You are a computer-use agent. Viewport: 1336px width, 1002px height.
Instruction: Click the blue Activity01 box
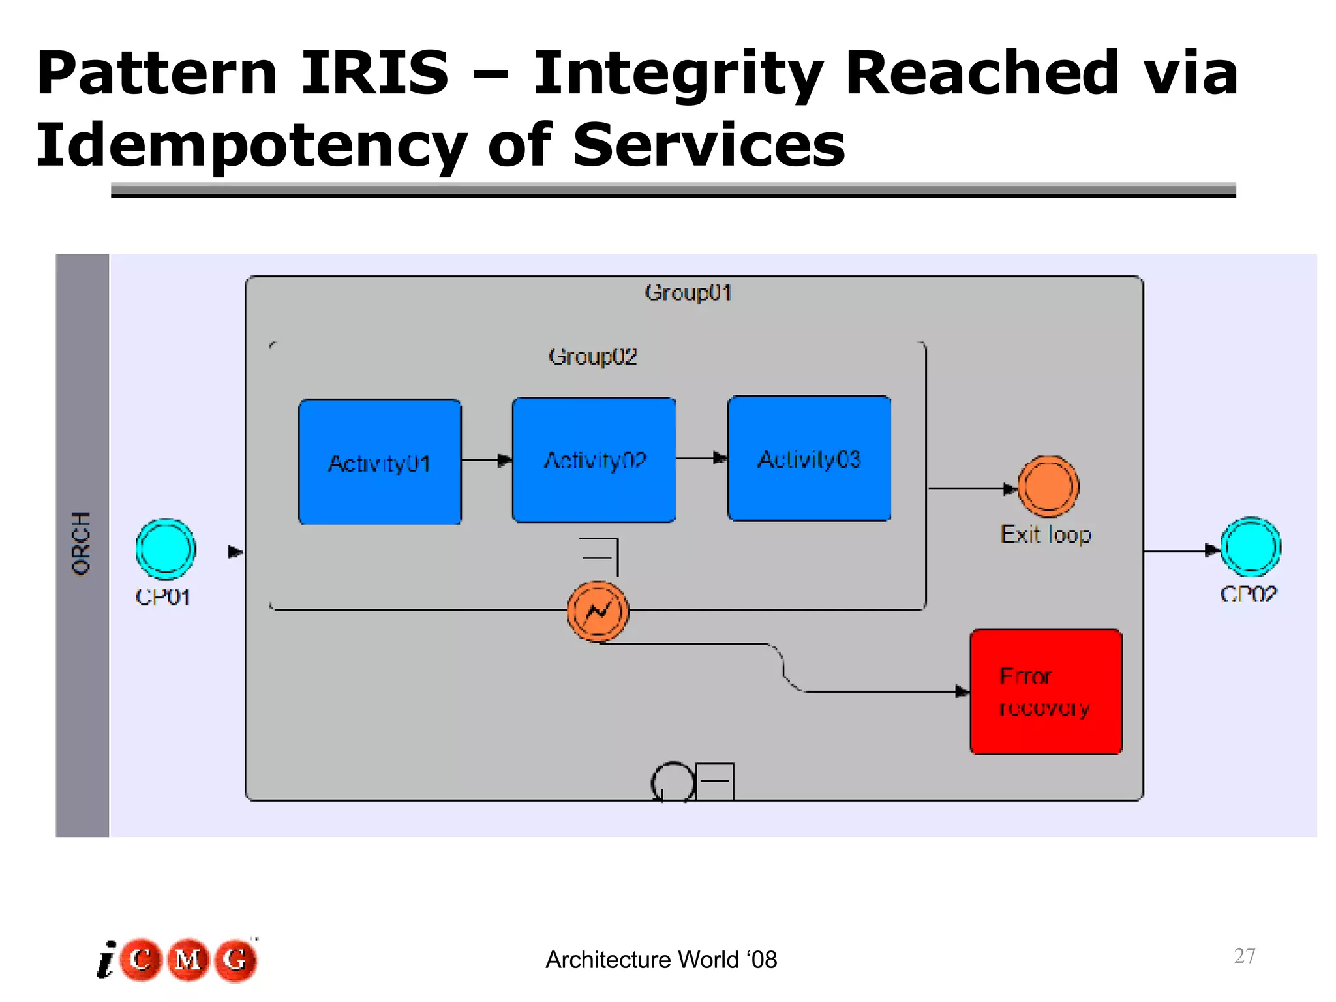point(380,462)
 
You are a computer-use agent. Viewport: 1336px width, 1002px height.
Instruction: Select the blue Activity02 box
point(594,460)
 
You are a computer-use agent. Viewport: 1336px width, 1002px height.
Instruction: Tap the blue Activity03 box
point(809,458)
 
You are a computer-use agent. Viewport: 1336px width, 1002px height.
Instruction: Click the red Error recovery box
point(1046,691)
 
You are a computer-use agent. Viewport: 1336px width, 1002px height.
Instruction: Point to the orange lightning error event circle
point(598,611)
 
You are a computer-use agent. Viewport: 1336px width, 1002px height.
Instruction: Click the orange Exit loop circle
point(1048,487)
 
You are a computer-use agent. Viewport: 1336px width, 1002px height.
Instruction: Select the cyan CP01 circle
point(166,549)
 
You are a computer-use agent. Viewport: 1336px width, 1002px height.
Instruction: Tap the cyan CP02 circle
point(1251,547)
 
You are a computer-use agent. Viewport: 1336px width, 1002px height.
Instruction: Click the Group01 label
point(688,292)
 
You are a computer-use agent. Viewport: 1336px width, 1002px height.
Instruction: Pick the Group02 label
point(592,356)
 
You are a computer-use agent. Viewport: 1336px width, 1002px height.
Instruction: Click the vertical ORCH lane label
point(81,543)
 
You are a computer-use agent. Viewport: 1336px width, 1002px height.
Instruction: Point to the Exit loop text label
point(1046,535)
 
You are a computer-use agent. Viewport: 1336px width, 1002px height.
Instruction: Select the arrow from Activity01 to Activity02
point(487,460)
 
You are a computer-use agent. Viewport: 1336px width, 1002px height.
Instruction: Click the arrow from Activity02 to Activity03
point(702,458)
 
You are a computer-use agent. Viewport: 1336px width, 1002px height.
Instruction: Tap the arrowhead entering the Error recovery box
point(962,691)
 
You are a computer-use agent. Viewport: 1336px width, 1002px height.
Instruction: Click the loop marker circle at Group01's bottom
point(673,781)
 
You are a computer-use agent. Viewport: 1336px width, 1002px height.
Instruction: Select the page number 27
point(1245,956)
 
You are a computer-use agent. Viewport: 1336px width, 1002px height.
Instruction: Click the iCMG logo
point(177,960)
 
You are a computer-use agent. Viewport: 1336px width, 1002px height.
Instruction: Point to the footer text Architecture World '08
point(661,960)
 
